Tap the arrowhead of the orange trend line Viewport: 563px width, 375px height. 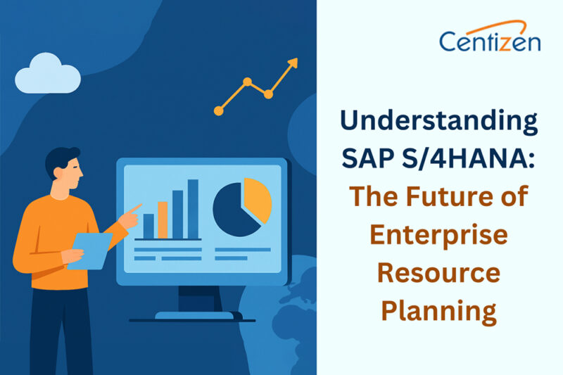293,63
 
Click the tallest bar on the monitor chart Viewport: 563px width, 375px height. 193,209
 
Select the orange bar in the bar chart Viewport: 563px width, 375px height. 163,220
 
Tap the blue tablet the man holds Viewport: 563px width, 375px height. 89,250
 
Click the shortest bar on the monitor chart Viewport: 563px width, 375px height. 148,226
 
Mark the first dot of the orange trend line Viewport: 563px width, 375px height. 219,110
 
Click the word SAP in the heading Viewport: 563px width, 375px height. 366,159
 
